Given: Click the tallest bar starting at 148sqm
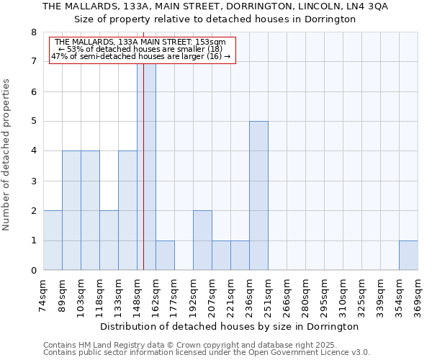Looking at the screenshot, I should [146, 167].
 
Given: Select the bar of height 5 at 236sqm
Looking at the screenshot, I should [258, 196].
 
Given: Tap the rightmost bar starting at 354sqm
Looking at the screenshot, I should [408, 256].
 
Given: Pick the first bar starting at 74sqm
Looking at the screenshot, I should [53, 240].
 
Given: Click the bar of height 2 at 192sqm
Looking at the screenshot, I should [202, 240].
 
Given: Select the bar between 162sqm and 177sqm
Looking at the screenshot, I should [165, 256].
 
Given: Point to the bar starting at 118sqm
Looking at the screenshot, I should [109, 240].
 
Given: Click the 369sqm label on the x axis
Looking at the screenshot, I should [418, 294].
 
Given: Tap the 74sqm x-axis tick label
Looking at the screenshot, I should [44, 294].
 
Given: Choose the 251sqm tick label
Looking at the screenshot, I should [269, 294].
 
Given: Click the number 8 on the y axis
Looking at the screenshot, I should [33, 32].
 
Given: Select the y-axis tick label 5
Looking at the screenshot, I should [33, 122].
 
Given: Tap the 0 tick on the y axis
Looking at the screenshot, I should [33, 271].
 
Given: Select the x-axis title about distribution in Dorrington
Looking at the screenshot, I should [230, 326].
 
